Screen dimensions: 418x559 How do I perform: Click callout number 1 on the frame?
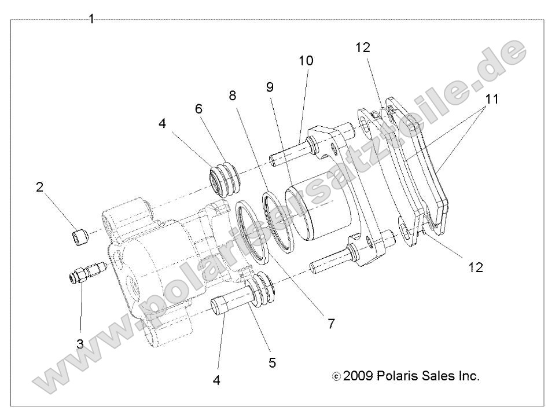click(x=91, y=19)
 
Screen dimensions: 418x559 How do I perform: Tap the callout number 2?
click(x=39, y=187)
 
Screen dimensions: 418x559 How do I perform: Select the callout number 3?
click(x=80, y=344)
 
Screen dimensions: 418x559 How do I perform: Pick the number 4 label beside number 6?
click(x=163, y=124)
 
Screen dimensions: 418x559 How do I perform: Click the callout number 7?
click(x=331, y=324)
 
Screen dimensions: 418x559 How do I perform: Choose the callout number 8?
click(x=233, y=96)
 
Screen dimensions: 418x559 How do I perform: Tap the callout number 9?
click(x=270, y=87)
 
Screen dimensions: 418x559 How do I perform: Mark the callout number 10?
click(x=306, y=60)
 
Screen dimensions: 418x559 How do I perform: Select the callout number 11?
click(x=491, y=99)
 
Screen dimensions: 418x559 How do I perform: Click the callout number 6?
click(x=199, y=108)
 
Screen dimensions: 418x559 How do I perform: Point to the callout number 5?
click(x=271, y=363)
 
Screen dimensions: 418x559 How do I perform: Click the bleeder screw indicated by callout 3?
click(x=84, y=272)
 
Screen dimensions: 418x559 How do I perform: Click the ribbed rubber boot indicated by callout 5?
click(x=263, y=288)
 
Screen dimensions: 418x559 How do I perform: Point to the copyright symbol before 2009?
click(x=336, y=377)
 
